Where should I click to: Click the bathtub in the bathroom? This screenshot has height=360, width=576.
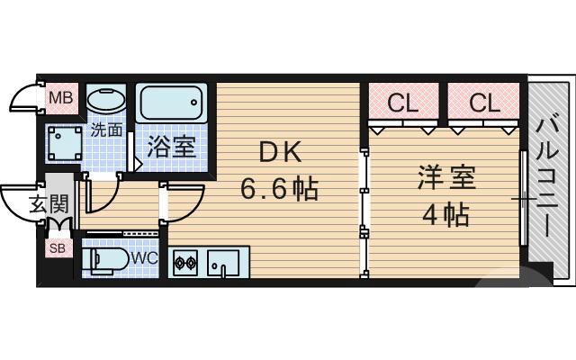click(174, 103)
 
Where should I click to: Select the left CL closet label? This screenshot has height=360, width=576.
click(401, 103)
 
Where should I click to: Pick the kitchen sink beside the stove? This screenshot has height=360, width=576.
click(221, 264)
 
